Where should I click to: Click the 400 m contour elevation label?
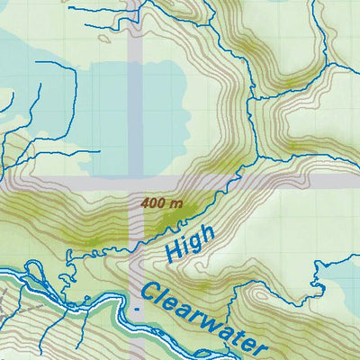162,203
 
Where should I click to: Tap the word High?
191,244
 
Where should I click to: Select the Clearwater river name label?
203,319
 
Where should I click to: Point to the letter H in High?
175,255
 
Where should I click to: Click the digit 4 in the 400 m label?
146,203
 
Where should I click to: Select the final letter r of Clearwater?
260,346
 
